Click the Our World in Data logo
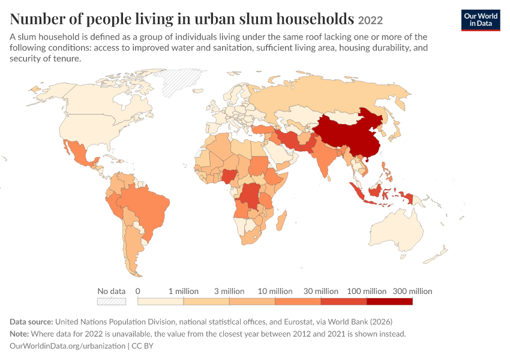coord(481,20)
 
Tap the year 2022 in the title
coord(370,20)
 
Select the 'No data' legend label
coord(111,291)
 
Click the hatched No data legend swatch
coord(112,301)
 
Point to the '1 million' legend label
coord(184,291)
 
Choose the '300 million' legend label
coord(412,291)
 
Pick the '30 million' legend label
coord(321,291)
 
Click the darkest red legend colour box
coord(389,301)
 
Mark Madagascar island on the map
coord(281,220)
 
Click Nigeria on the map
coord(229,176)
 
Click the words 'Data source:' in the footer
coord(31,322)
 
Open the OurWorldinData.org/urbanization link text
coord(67,346)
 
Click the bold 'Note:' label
coord(19,334)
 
